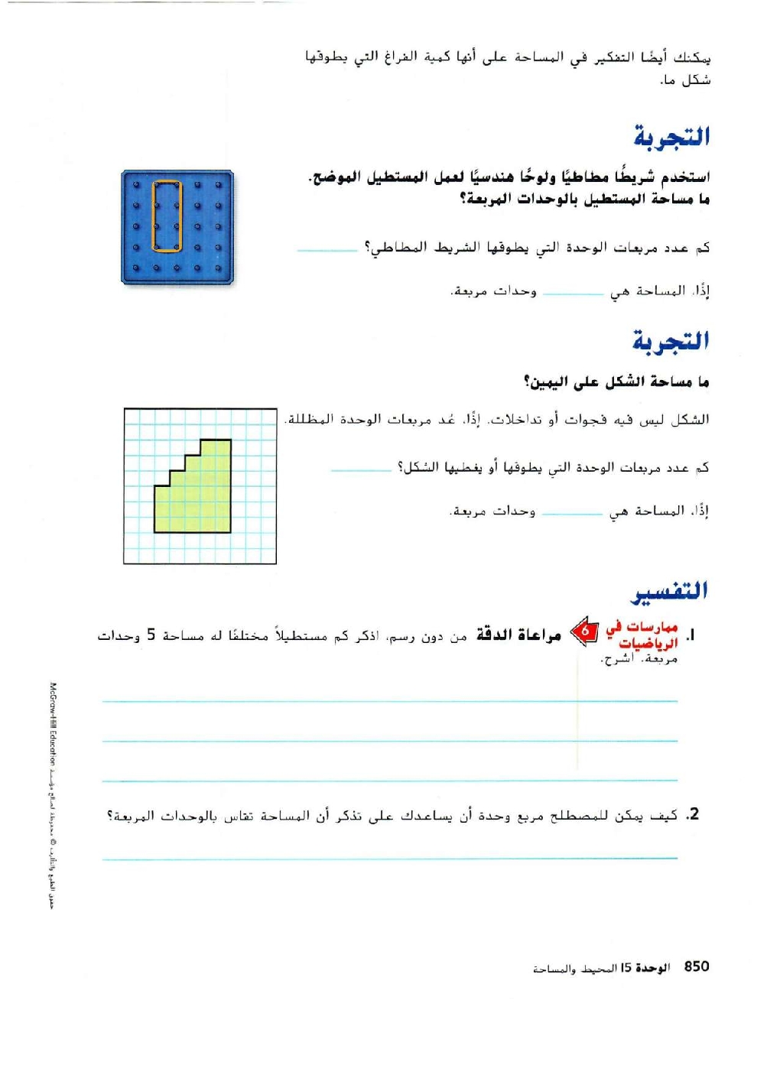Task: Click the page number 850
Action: tap(697, 966)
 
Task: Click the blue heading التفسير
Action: tap(670, 591)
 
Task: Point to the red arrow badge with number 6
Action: tap(585, 632)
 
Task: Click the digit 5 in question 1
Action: tap(151, 635)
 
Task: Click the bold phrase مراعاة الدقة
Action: tap(518, 635)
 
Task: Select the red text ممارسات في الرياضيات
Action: tap(642, 635)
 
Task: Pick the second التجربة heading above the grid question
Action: tap(671, 341)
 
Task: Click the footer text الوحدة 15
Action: tap(645, 968)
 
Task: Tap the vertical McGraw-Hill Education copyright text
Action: tap(53, 795)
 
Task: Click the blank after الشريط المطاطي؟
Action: tap(327, 251)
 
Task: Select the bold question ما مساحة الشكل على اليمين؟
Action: tap(616, 382)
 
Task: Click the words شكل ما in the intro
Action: tap(685, 80)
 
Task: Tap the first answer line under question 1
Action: tap(390, 700)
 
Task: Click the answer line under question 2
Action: tap(390, 858)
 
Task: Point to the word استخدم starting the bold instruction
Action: tap(684, 177)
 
